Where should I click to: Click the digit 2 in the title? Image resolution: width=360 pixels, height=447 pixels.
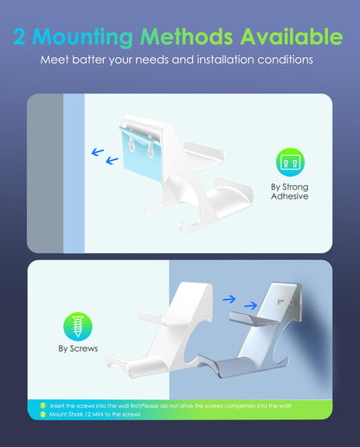[19, 36]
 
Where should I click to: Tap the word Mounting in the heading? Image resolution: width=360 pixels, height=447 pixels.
[82, 38]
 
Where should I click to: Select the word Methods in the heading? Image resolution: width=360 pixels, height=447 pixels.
[186, 36]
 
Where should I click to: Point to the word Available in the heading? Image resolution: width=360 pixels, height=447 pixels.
[292, 36]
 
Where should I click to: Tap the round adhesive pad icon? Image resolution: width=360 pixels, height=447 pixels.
[290, 163]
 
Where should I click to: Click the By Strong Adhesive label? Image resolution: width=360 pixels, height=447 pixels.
[290, 192]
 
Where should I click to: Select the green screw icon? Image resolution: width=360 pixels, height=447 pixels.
[78, 327]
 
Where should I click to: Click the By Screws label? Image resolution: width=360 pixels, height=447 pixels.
[78, 348]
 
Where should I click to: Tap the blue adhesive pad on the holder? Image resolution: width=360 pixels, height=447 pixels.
[140, 154]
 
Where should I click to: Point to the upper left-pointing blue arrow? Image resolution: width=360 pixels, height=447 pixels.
[98, 151]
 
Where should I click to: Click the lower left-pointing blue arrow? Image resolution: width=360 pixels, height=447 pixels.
[112, 160]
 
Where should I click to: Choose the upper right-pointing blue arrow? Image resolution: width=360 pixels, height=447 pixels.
[229, 299]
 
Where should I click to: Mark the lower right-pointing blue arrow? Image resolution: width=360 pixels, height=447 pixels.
[251, 305]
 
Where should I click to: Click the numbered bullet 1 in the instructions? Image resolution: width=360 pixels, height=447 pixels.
[43, 405]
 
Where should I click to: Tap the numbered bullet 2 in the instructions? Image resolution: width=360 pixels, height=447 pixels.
[43, 414]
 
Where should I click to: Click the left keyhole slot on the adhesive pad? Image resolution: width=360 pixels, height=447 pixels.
[132, 144]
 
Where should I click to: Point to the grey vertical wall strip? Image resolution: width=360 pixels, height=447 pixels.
[45, 173]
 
